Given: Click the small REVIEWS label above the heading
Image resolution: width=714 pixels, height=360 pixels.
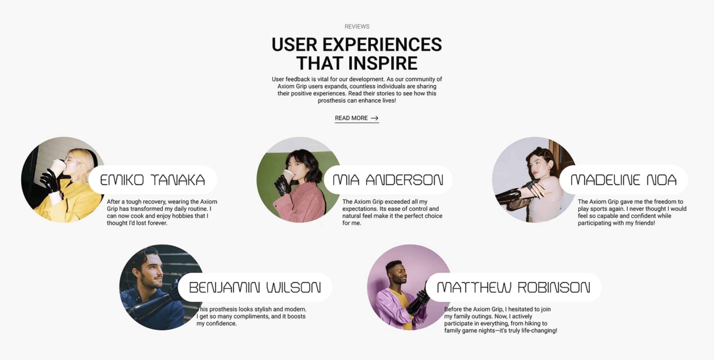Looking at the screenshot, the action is (x=357, y=27).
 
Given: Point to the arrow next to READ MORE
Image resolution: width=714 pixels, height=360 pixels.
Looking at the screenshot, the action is (x=375, y=118).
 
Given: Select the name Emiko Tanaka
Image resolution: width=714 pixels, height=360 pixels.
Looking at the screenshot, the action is (x=152, y=180).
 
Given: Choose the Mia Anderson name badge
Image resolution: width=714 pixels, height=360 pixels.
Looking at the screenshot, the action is (x=388, y=180).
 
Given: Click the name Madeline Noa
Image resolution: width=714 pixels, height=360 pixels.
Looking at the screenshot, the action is (x=623, y=180).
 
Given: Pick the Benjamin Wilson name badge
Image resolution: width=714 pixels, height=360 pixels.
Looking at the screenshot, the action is (x=255, y=287).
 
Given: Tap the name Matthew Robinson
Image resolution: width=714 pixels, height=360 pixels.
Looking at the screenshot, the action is (x=514, y=287).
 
